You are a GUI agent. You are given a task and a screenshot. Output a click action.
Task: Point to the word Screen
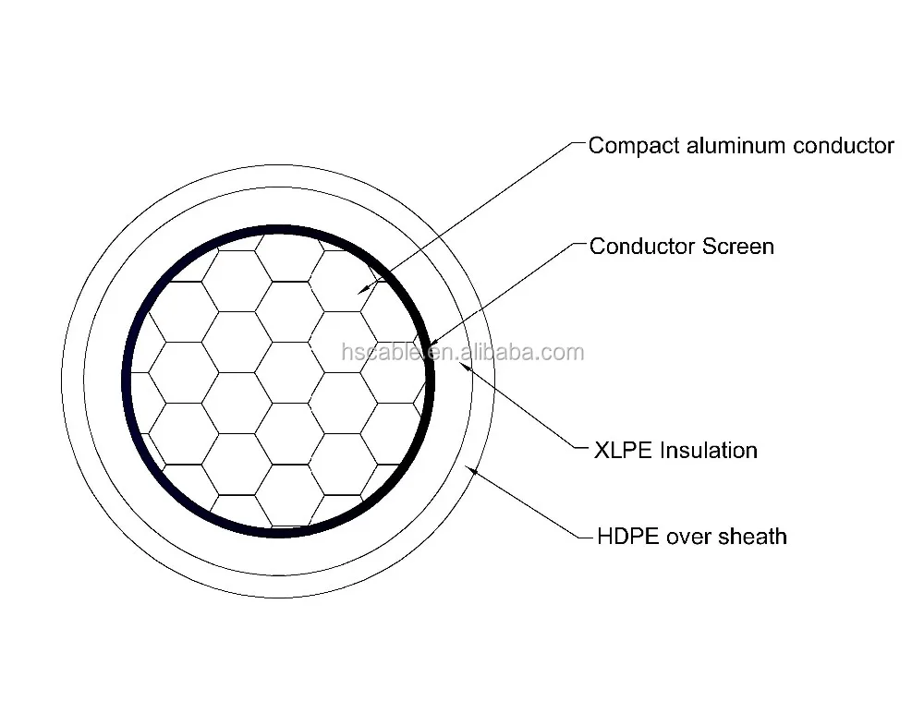click(738, 247)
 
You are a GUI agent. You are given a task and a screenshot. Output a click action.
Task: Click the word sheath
click(753, 536)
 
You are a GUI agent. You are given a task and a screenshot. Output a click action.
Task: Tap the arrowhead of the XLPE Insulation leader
click(464, 364)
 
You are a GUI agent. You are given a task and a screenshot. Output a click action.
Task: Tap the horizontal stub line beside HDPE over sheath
click(584, 537)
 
